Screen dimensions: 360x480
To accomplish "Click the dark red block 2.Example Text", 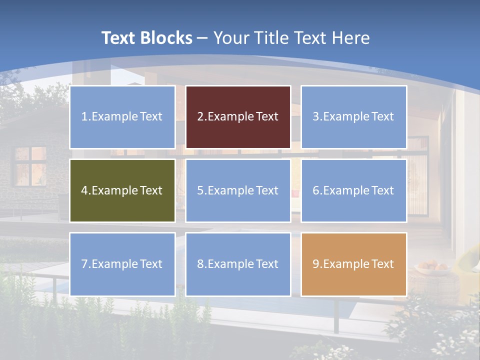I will tap(238, 117).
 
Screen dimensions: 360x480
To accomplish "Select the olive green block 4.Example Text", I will tap(122, 190).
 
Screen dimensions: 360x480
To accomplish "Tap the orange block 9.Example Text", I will tap(354, 264).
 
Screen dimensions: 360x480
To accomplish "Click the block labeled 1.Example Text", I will tap(122, 117).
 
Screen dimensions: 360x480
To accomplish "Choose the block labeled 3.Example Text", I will tap(354, 117).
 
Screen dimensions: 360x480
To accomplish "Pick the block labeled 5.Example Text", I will tap(238, 190).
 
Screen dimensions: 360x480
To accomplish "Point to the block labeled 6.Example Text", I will tap(354, 190).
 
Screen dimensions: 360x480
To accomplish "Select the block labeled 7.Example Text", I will tap(122, 264).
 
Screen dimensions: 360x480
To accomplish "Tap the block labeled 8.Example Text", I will tap(238, 264).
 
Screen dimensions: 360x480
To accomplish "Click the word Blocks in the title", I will tap(167, 38).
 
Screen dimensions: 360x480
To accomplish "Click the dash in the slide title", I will tap(203, 38).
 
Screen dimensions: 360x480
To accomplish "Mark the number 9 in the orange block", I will tap(315, 264).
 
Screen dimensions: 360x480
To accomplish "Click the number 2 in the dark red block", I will tap(200, 117).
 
